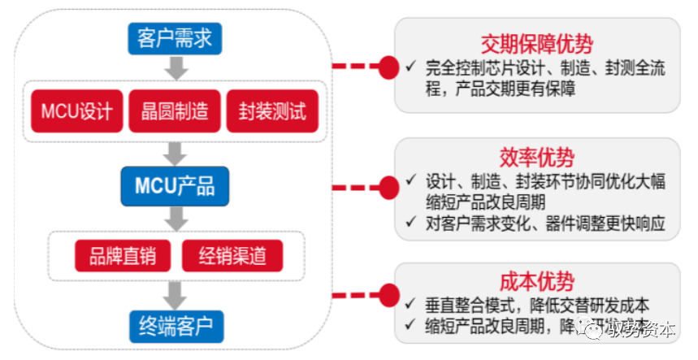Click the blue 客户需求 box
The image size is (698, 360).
[175, 37]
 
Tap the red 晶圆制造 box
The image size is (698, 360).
[175, 111]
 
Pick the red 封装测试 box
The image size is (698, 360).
[272, 111]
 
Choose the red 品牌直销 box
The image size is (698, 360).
[123, 256]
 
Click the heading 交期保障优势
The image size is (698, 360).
[535, 43]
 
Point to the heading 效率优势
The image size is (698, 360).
[535, 157]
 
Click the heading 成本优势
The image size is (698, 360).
[535, 281]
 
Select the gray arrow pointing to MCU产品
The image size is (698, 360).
[175, 152]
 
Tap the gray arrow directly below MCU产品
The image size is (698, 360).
[175, 217]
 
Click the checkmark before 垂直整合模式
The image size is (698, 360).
[411, 305]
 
